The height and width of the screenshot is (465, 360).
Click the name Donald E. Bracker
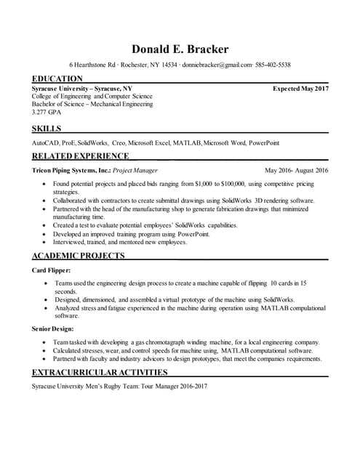click(180, 49)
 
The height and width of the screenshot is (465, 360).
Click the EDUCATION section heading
click(57, 78)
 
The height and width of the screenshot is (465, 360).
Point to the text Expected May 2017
click(300, 88)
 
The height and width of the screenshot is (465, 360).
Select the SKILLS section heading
click(47, 129)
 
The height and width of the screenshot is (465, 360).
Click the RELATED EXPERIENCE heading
click(81, 155)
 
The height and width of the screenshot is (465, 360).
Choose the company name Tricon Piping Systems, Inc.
click(71, 170)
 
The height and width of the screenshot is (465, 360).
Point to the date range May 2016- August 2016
click(297, 170)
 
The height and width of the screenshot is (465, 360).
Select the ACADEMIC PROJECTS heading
click(79, 256)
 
